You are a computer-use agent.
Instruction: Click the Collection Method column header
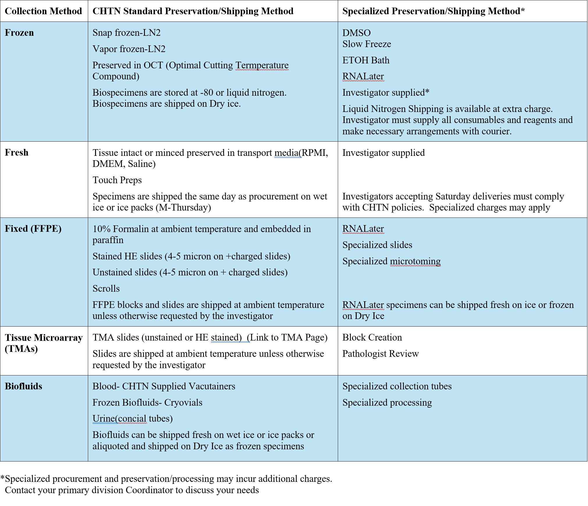[43, 11]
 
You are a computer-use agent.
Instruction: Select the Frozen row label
[19, 33]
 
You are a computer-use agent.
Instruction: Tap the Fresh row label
[17, 152]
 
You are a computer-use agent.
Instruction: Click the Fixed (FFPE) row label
[33, 229]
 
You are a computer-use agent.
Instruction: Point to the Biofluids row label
[24, 386]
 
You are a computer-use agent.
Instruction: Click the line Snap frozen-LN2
[127, 33]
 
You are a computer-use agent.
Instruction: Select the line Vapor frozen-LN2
[129, 49]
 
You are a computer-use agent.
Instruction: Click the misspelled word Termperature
[262, 65]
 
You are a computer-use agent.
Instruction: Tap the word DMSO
[356, 33]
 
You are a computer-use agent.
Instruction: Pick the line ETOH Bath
[366, 60]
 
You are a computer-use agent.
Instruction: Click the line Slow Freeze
[367, 44]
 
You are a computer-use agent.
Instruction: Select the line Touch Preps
[117, 180]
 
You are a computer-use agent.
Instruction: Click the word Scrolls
[106, 288]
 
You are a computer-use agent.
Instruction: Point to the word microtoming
[415, 261]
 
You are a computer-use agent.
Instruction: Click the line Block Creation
[372, 337]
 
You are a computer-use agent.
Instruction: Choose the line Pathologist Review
[381, 354]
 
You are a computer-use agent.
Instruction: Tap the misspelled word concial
[132, 418]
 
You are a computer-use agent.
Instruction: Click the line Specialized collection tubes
[397, 386]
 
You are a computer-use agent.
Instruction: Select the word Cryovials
[183, 402]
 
